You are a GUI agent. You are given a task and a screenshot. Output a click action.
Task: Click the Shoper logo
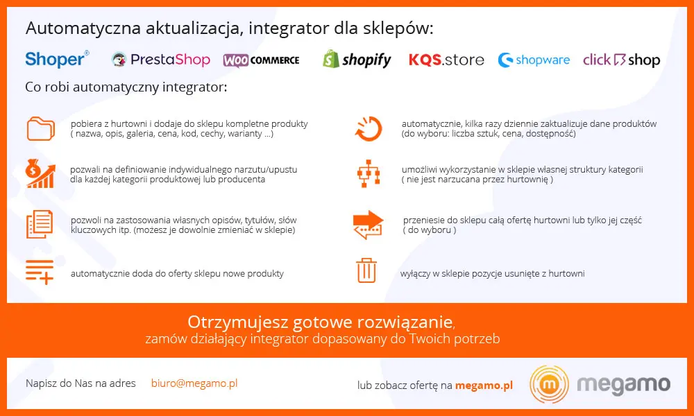(57, 59)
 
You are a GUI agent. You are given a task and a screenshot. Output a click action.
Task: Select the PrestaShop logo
(161, 60)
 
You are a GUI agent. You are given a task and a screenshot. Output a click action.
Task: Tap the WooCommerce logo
(261, 60)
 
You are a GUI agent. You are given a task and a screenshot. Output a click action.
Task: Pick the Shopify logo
(357, 59)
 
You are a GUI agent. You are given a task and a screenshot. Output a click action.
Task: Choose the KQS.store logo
(446, 60)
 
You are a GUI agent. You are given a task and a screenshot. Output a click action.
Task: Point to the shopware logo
(534, 60)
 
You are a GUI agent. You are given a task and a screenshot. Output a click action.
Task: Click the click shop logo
(621, 60)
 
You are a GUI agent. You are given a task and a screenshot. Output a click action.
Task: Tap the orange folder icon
(41, 129)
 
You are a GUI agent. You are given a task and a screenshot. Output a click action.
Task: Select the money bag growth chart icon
(40, 174)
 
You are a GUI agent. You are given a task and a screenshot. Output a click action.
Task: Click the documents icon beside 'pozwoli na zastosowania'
(40, 225)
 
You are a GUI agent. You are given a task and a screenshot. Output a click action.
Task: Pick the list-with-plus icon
(40, 271)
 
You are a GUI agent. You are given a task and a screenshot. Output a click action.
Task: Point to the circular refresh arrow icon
(369, 129)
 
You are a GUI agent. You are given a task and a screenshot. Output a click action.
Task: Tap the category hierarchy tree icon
(369, 174)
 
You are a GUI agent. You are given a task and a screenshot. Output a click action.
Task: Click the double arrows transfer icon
(369, 225)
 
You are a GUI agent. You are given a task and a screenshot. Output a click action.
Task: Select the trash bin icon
(366, 270)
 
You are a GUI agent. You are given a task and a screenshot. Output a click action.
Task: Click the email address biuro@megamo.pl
(194, 383)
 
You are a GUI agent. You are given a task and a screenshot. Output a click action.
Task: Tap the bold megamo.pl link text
(484, 385)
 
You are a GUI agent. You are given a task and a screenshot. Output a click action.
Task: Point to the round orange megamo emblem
(549, 384)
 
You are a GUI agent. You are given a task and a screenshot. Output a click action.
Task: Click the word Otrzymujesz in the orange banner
(237, 322)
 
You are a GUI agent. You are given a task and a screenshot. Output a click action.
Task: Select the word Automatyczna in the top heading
(83, 28)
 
